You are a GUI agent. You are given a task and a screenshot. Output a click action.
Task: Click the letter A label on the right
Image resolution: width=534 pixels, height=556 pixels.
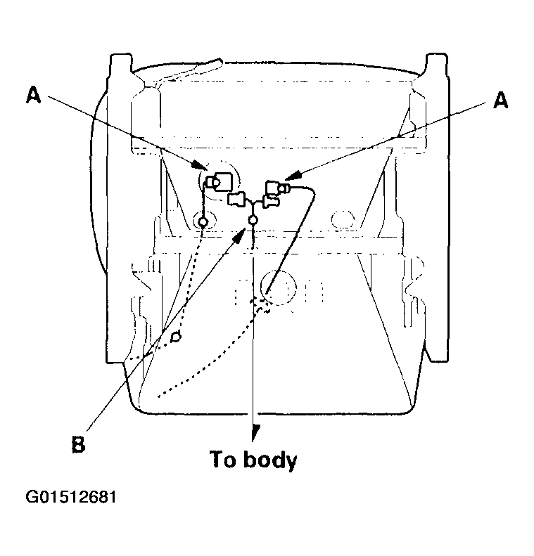[x=501, y=100]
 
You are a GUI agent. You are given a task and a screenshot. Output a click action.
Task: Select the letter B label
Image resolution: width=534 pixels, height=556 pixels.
[x=78, y=444]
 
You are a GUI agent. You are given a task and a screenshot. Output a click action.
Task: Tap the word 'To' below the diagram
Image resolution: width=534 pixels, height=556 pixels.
[x=222, y=459]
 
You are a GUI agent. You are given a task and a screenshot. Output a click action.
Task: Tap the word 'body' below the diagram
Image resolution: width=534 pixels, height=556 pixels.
[x=270, y=460]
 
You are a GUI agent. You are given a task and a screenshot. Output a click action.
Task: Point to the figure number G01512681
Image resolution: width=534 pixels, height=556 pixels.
[x=71, y=497]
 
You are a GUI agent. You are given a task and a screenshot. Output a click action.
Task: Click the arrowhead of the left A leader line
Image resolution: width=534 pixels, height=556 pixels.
[x=198, y=165]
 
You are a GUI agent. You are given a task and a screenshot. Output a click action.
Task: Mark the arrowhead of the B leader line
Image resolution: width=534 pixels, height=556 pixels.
[x=241, y=234]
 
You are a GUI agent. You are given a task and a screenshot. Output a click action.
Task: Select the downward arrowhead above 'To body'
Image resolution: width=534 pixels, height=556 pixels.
[x=253, y=433]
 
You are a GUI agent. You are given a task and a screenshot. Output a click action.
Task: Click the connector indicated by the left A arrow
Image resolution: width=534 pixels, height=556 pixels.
[x=219, y=182]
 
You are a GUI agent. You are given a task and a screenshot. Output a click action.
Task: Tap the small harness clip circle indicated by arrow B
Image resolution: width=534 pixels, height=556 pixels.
[x=253, y=220]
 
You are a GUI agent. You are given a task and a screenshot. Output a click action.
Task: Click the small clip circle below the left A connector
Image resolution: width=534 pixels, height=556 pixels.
[x=203, y=222]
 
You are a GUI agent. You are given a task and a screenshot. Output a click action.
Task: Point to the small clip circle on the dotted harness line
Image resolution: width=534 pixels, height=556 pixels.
[x=176, y=336]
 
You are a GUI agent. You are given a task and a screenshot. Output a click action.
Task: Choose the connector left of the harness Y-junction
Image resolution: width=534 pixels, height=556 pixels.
[x=236, y=200]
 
